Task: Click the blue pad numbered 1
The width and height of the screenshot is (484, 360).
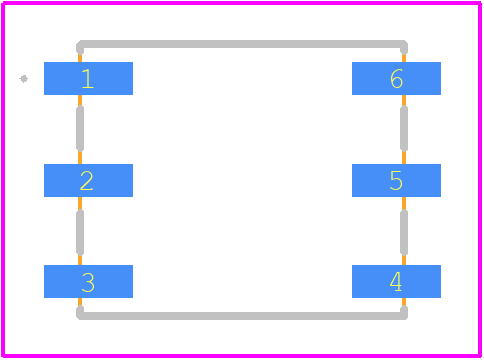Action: pos(88,78)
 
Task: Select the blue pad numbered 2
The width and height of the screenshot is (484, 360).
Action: pos(88,180)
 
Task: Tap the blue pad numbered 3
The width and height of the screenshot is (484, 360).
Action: pos(88,281)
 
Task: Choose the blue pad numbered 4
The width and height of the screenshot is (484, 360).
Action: pos(396,281)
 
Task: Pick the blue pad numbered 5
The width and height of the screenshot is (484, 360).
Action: pos(396,180)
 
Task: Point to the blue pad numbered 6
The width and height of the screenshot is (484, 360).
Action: pos(396,78)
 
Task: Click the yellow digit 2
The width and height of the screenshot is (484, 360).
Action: pos(87,181)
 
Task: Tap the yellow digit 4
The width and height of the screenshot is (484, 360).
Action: pos(396,282)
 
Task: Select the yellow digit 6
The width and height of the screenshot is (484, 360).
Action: pos(396,79)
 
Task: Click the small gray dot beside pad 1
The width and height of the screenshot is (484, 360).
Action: pos(24,79)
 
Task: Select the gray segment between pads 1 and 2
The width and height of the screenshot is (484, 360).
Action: pos(80,129)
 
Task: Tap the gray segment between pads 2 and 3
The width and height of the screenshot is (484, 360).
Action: pos(80,232)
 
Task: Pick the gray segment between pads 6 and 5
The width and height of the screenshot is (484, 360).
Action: pos(404,129)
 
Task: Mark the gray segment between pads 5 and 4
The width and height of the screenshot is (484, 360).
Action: pos(404,232)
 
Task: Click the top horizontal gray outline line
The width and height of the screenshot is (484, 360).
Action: pos(242,44)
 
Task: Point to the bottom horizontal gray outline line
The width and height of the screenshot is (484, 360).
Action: pos(242,316)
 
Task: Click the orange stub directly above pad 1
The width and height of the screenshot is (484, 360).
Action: pos(80,58)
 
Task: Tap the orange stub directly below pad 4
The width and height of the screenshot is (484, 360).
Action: pos(404,302)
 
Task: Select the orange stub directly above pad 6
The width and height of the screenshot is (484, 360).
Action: pos(404,58)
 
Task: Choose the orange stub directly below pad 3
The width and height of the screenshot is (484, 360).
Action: pos(80,302)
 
